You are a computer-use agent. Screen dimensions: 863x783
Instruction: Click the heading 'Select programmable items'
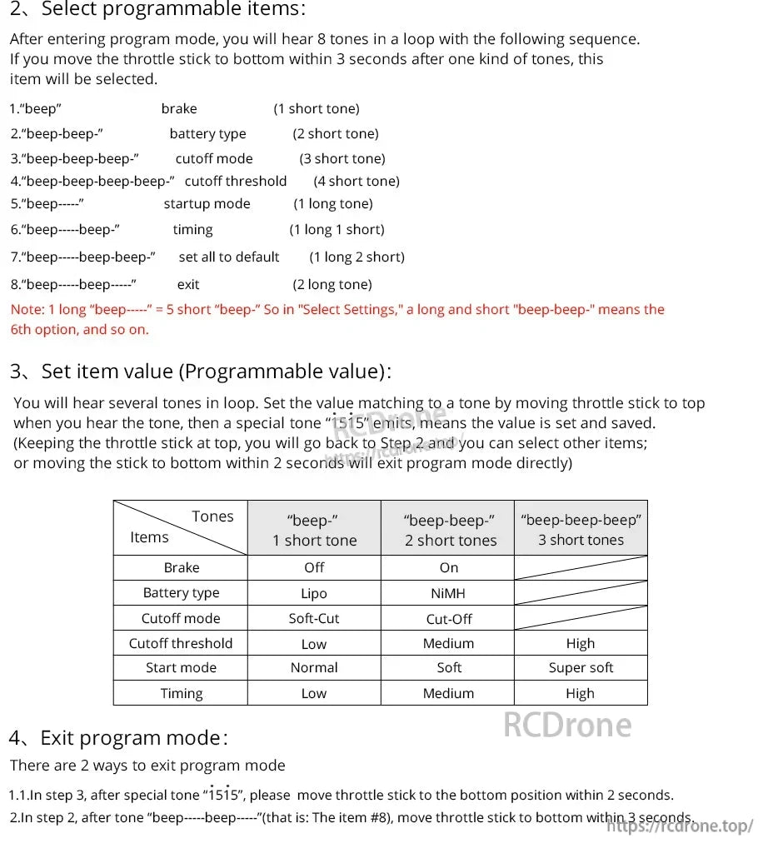(x=171, y=10)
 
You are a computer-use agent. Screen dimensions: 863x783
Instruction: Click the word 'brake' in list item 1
(x=179, y=109)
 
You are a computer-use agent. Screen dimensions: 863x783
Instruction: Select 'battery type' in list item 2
(x=207, y=134)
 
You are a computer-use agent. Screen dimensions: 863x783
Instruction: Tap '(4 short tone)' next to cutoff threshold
(x=357, y=182)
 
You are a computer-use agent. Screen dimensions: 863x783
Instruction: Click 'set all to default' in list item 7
(x=229, y=257)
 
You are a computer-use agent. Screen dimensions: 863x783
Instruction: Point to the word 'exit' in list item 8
(x=188, y=285)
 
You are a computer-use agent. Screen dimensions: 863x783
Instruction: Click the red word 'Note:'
(x=27, y=310)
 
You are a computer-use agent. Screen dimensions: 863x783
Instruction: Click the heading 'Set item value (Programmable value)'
(x=212, y=372)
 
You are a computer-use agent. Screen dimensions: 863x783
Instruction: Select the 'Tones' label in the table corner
(x=212, y=516)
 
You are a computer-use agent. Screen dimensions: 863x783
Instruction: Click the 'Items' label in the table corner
(x=149, y=538)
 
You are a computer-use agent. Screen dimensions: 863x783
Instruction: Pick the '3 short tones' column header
(x=581, y=540)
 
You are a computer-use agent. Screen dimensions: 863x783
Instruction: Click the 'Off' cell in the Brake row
(x=314, y=568)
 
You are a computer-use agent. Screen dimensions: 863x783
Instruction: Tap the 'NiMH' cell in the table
(x=448, y=594)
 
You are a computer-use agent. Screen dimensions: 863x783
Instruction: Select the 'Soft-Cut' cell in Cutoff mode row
(x=314, y=619)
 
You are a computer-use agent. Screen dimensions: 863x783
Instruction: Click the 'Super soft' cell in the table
(x=581, y=668)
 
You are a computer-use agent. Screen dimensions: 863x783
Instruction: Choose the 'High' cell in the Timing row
(x=581, y=694)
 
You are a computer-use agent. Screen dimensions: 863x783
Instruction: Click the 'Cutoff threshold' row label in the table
(x=181, y=644)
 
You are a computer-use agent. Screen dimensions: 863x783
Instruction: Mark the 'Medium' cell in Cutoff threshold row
(x=448, y=644)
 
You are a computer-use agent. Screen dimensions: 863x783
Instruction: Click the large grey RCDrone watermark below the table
(x=567, y=725)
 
